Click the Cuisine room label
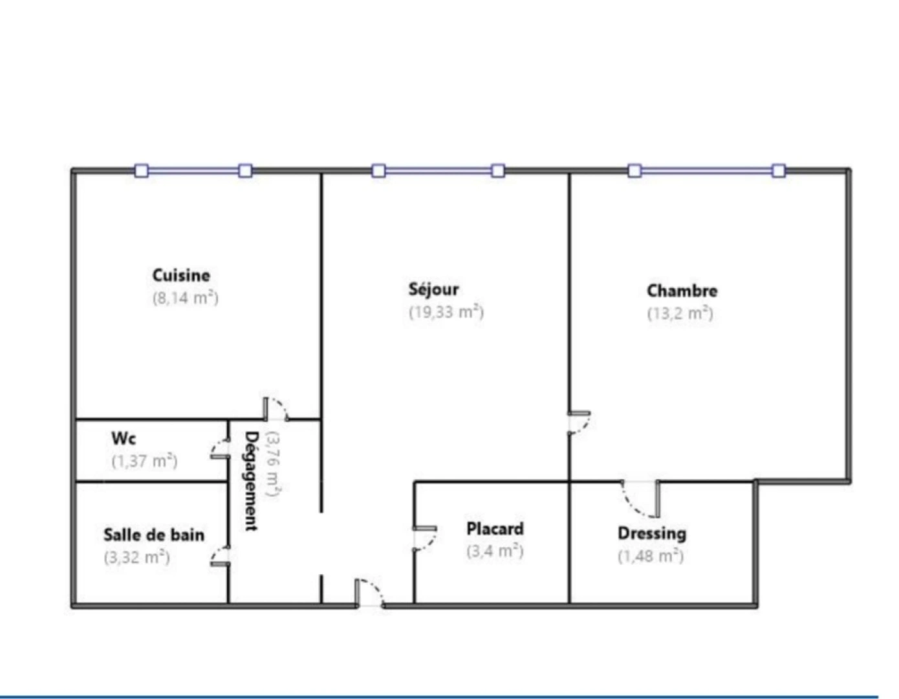pyautogui.click(x=181, y=275)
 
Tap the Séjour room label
pyautogui.click(x=433, y=289)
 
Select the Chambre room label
pyautogui.click(x=682, y=291)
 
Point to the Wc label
pyautogui.click(x=124, y=438)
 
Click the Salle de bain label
pyautogui.click(x=154, y=535)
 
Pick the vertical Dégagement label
pyautogui.click(x=252, y=481)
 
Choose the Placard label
pyautogui.click(x=495, y=529)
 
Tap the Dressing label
pyautogui.click(x=652, y=533)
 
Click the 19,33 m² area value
pyautogui.click(x=446, y=312)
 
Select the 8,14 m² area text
pyautogui.click(x=185, y=298)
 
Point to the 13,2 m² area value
pyautogui.click(x=680, y=313)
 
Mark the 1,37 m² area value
pyautogui.click(x=144, y=461)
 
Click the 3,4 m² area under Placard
pyautogui.click(x=495, y=551)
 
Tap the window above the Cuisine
pyautogui.click(x=193, y=171)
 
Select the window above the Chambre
pyautogui.click(x=706, y=171)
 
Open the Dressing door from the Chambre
pyautogui.click(x=641, y=498)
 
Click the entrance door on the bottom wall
pyautogui.click(x=369, y=594)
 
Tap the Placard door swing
pyautogui.click(x=424, y=539)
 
